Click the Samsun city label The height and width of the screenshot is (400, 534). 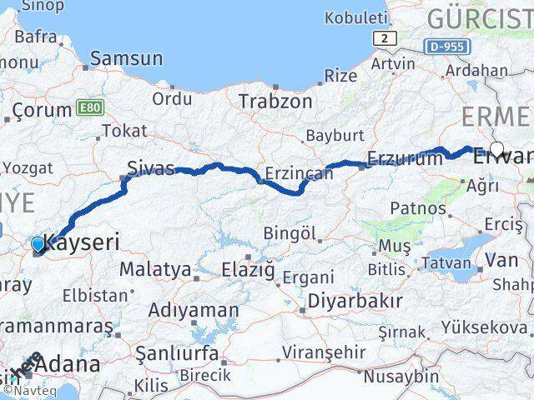[x=126, y=58]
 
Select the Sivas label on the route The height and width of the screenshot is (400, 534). [x=150, y=169]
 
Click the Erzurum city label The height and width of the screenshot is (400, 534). [x=405, y=159]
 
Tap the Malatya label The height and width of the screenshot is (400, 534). [x=154, y=269]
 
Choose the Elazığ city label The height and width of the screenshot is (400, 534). [x=249, y=268]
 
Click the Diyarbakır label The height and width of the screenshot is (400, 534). [x=355, y=300]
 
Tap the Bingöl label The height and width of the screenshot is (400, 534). [x=290, y=232]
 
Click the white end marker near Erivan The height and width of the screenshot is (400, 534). [x=496, y=149]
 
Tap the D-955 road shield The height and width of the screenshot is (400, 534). [x=446, y=47]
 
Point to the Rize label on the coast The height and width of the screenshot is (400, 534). [x=340, y=76]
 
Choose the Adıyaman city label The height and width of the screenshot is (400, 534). [x=193, y=310]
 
